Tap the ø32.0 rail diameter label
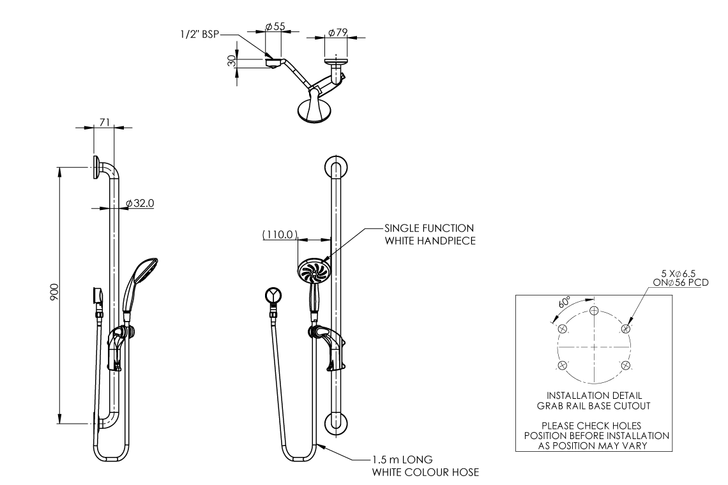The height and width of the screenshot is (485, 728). coord(140,203)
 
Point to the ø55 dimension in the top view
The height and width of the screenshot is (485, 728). coord(275,27)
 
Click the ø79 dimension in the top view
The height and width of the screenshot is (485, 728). coord(337,31)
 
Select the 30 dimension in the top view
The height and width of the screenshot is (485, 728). coord(232,61)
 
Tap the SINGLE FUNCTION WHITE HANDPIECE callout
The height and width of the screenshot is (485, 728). coord(428,234)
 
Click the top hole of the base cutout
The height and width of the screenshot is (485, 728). coord(594,311)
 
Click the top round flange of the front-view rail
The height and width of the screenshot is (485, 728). coord(336,168)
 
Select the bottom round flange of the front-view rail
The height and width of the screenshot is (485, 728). coord(336,423)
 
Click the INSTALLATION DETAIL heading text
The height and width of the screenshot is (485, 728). coord(594,396)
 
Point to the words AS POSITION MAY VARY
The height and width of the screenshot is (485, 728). coord(594,446)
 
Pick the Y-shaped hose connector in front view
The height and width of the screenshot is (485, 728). coord(274,296)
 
